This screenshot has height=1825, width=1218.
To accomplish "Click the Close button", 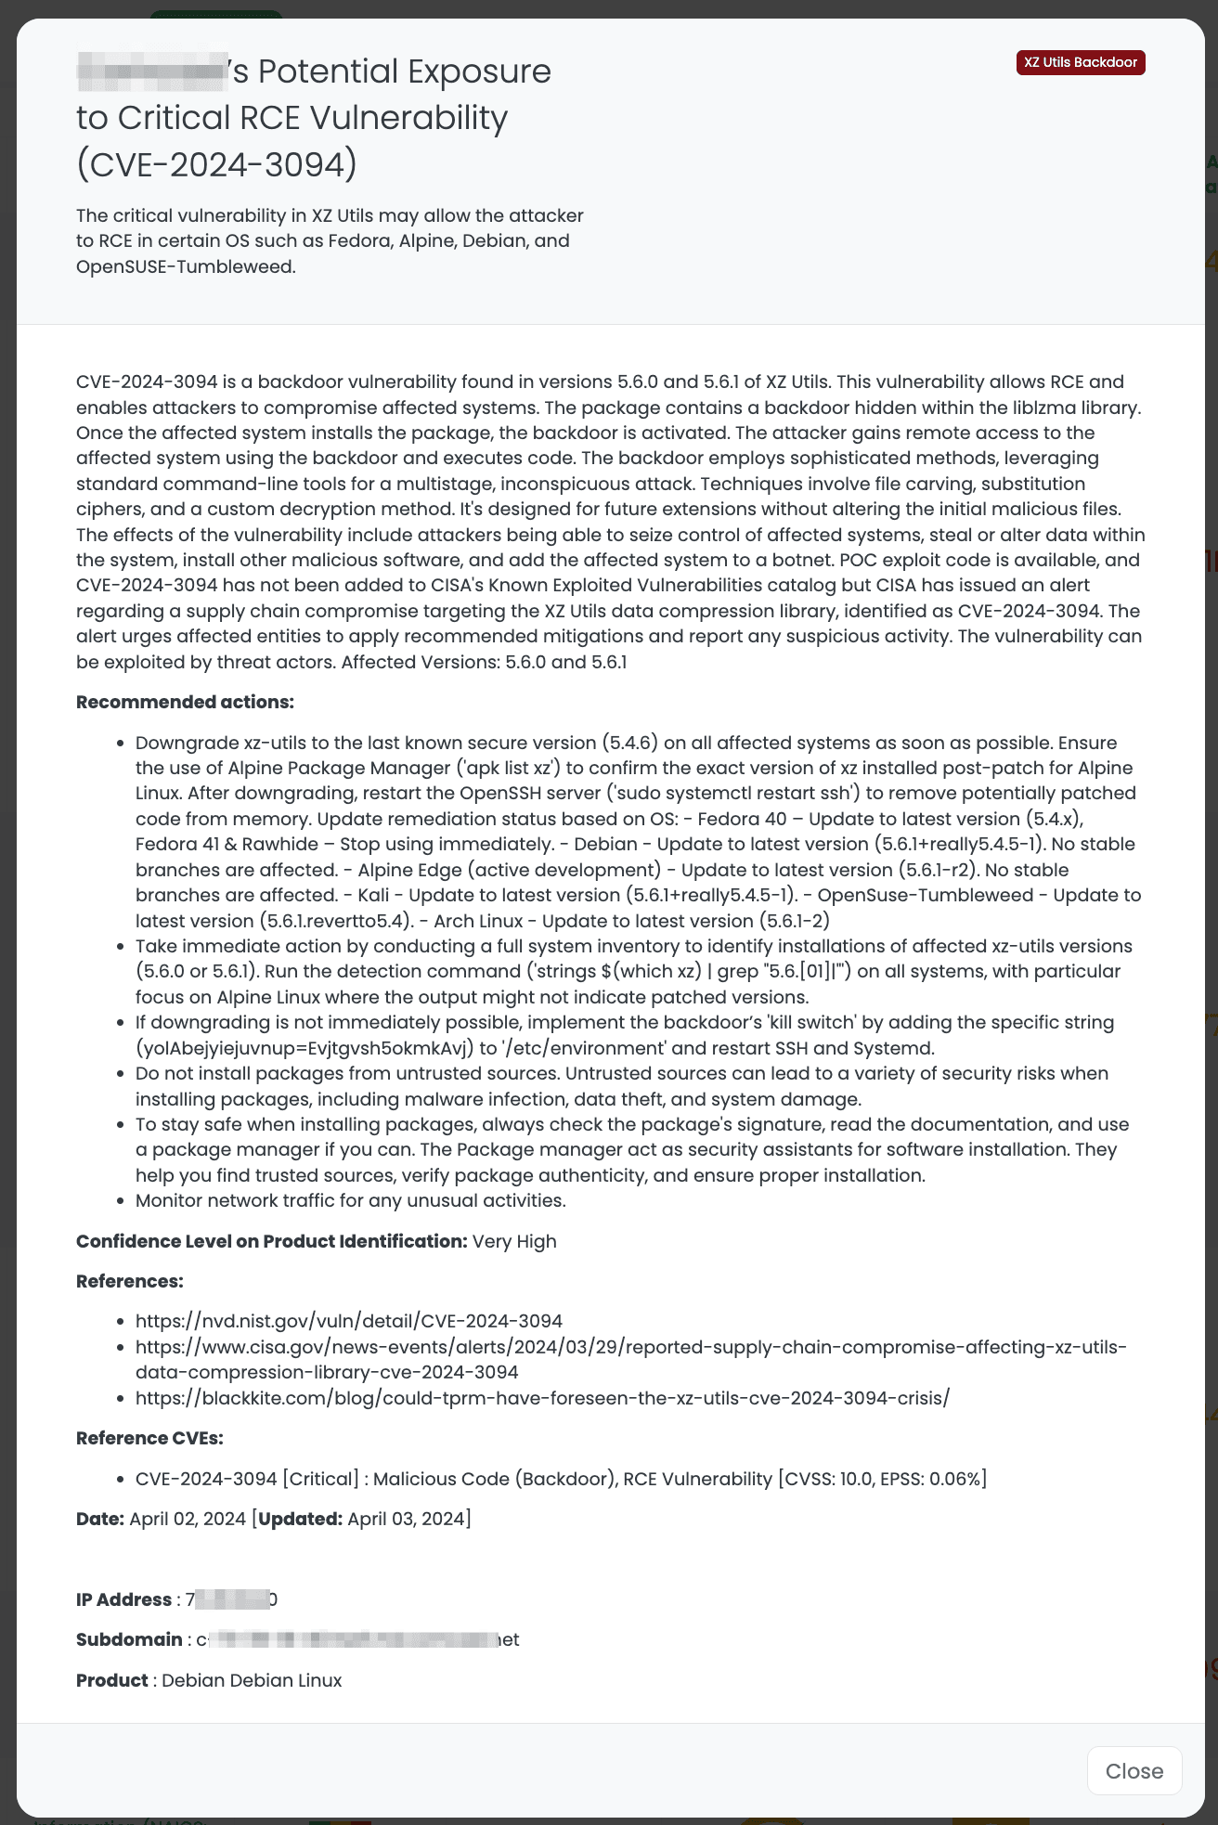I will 1134,1771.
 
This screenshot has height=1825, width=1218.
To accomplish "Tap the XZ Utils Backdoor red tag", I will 1081,62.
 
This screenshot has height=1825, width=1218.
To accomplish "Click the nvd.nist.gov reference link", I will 348,1321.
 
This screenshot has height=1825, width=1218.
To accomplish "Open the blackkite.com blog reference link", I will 542,1398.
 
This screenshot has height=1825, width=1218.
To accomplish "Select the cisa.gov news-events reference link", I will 630,1347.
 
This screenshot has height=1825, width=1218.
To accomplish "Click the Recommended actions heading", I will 185,703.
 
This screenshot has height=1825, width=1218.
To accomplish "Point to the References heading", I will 129,1282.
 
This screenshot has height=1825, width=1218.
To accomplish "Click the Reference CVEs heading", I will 149,1439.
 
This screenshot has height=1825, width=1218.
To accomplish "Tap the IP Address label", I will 123,1600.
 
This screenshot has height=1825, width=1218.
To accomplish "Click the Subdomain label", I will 129,1640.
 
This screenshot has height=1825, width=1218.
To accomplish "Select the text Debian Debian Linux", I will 252,1681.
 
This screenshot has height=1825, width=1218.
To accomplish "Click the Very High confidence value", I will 514,1242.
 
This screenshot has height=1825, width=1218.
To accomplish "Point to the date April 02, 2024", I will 188,1520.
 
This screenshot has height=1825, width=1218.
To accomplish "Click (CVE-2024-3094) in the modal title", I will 216,164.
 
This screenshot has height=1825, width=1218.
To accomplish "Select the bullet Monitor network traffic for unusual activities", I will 350,1201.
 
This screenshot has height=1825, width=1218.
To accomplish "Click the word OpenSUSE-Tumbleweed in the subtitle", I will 185,266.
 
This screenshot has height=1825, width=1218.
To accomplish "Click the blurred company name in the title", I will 152,72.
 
